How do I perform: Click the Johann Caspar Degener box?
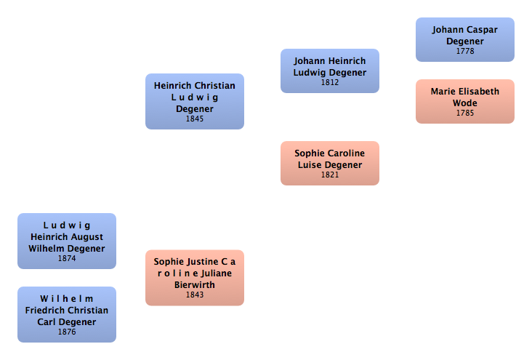click(x=464, y=39)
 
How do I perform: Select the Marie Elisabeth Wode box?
click(x=464, y=101)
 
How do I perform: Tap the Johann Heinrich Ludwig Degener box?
click(x=329, y=71)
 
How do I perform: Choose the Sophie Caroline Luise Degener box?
click(x=329, y=163)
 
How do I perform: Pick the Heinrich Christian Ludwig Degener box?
click(x=194, y=101)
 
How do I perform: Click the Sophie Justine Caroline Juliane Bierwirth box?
click(x=194, y=277)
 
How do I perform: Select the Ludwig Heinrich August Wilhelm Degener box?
click(x=66, y=241)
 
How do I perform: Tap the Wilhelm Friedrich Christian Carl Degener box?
click(x=66, y=314)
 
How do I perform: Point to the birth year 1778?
click(x=465, y=52)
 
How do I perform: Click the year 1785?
click(x=465, y=113)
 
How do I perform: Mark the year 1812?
click(x=330, y=82)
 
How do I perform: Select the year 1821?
click(x=330, y=175)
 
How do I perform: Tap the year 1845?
click(x=195, y=119)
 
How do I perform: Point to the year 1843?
click(x=195, y=295)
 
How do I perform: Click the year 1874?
click(x=67, y=258)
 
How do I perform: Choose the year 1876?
click(x=67, y=332)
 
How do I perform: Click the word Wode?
click(x=465, y=103)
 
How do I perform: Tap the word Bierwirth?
click(x=195, y=285)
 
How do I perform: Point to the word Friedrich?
click(x=46, y=311)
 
